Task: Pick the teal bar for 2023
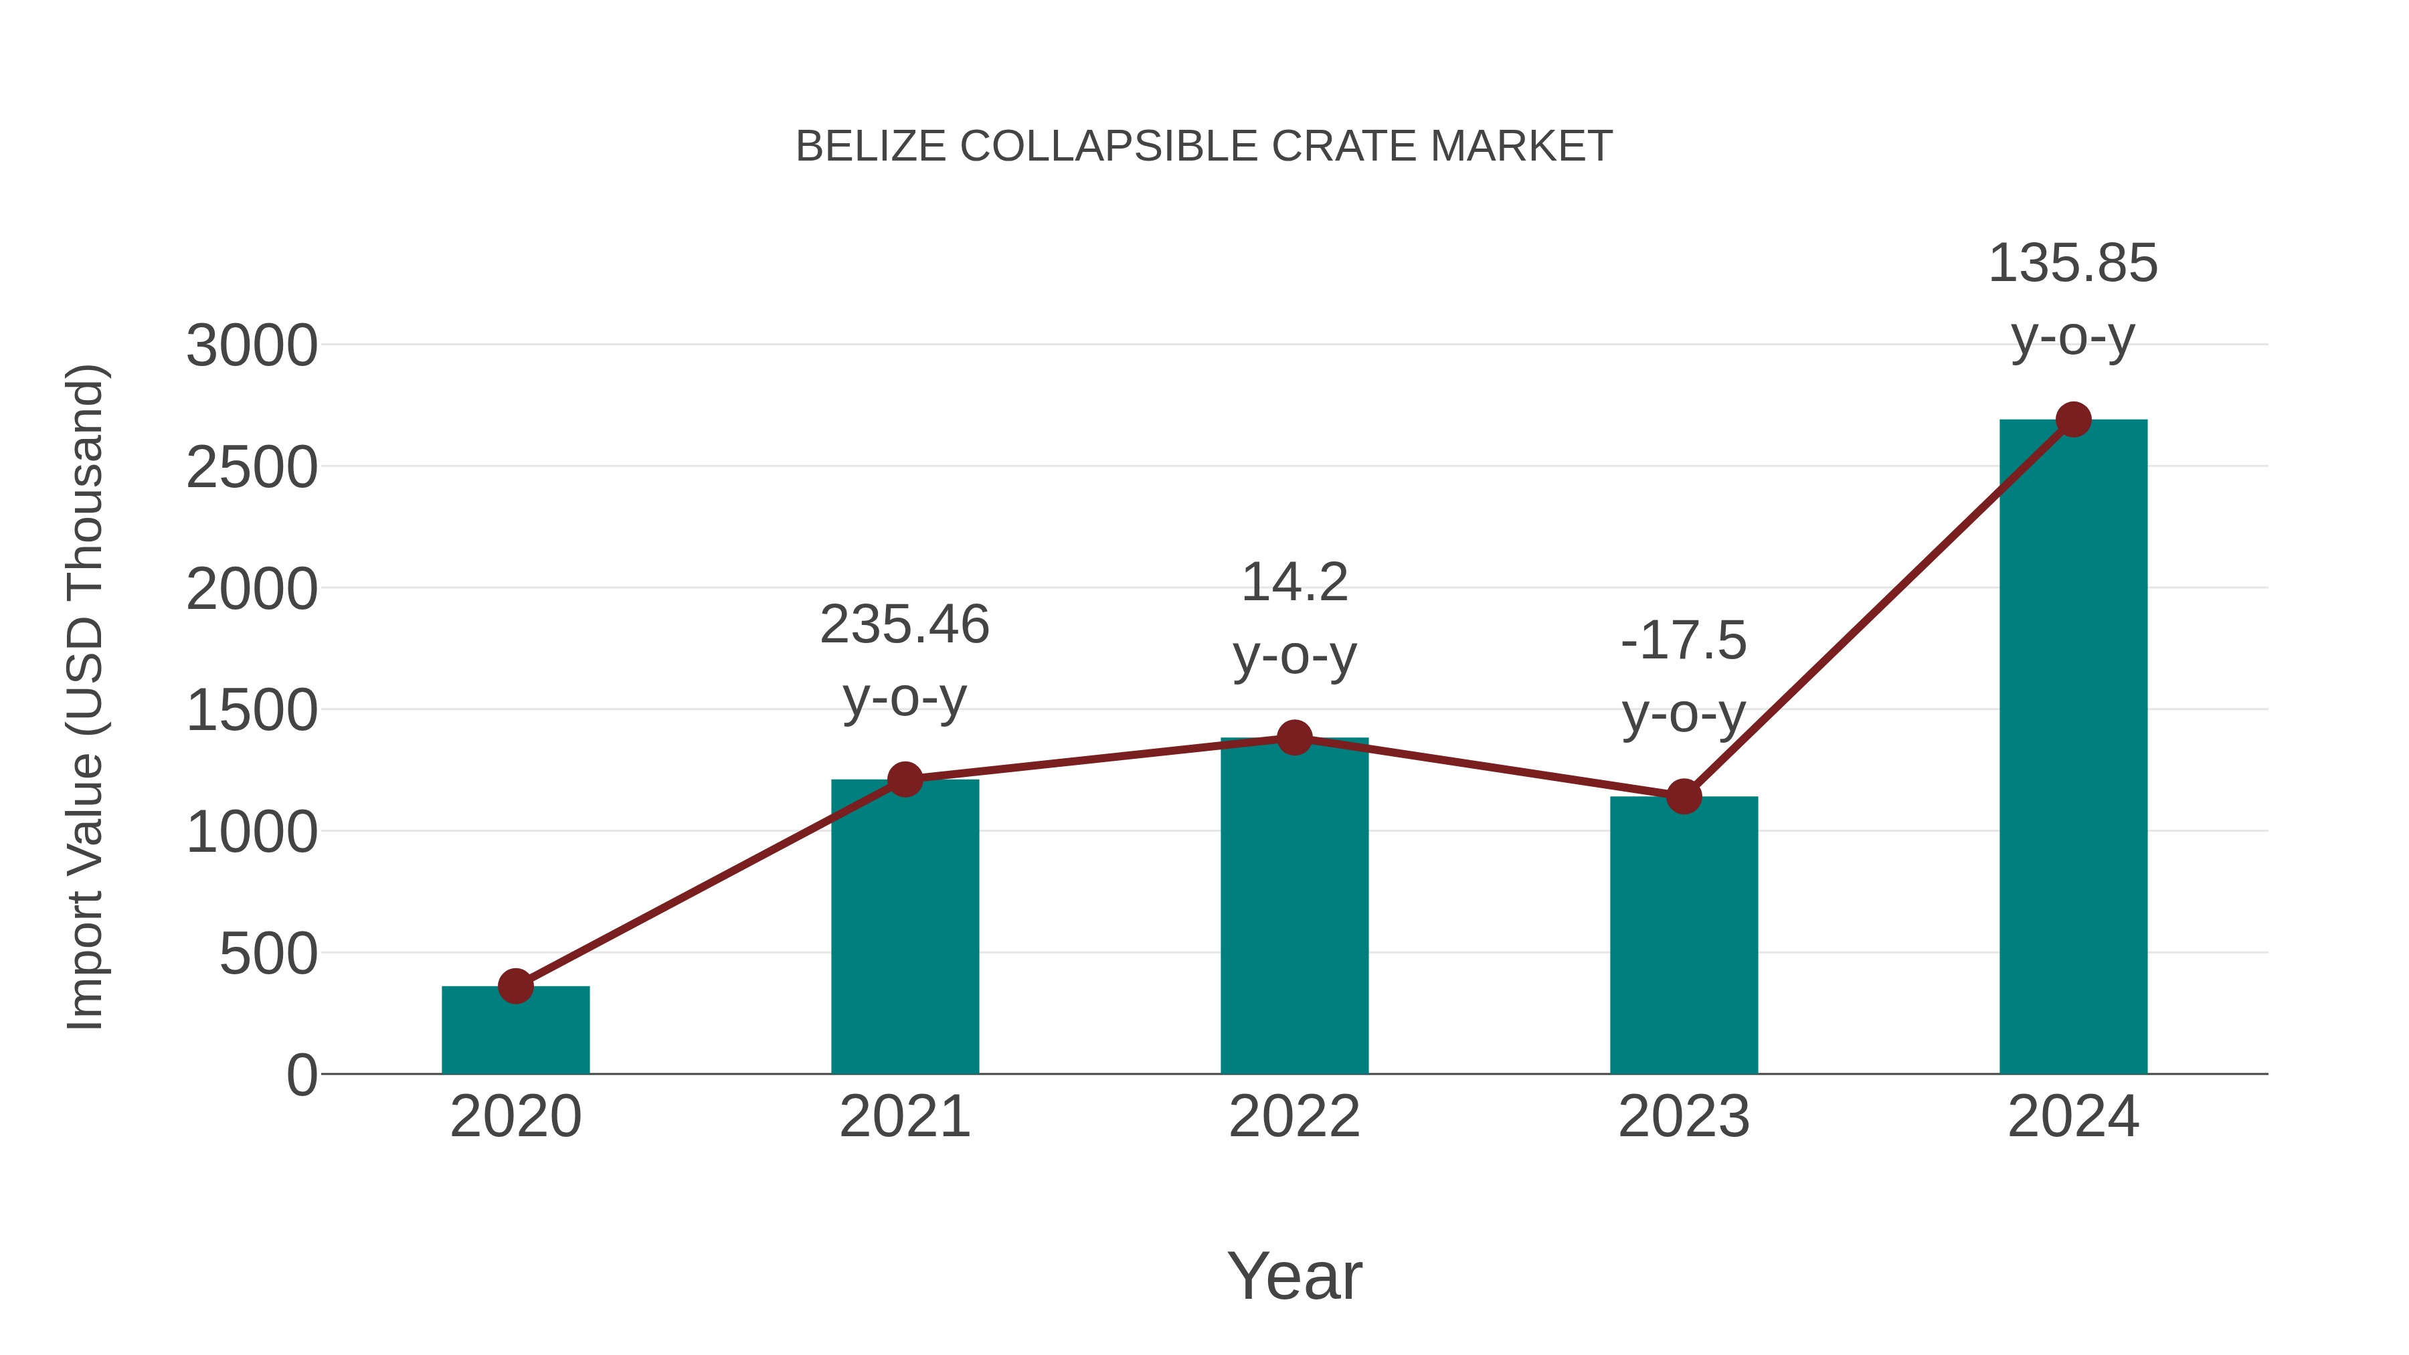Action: (x=1684, y=935)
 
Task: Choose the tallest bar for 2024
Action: (x=2073, y=747)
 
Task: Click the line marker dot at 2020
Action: (x=515, y=986)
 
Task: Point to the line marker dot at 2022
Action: (x=1294, y=738)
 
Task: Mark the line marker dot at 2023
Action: (x=1684, y=797)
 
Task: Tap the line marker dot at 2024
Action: (x=2073, y=420)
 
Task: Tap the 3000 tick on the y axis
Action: (x=252, y=346)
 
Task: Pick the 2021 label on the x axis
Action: (x=904, y=1117)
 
